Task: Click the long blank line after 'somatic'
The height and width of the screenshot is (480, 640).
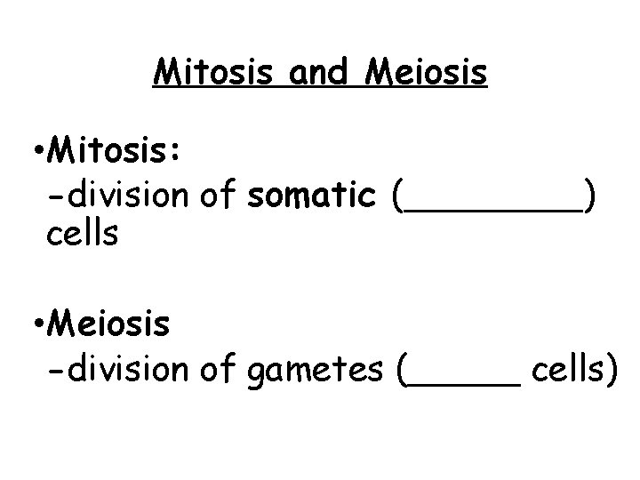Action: [490, 210]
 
